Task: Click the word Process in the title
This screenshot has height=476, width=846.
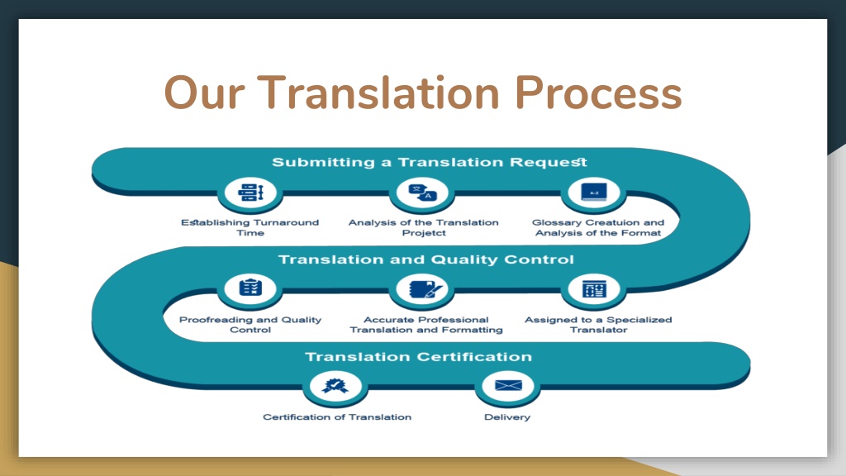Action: coord(598,93)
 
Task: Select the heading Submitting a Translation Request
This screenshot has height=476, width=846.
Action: coord(430,162)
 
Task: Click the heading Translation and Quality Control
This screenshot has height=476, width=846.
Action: coord(425,259)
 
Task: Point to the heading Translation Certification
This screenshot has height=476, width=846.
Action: coord(419,357)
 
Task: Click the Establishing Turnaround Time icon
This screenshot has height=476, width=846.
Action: coord(250,192)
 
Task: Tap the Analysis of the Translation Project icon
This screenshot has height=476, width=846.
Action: coord(423,192)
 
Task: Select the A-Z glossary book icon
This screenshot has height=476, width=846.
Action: coord(593,192)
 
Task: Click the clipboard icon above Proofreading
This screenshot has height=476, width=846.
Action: coord(250,288)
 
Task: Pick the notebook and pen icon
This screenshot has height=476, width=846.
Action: coord(425,288)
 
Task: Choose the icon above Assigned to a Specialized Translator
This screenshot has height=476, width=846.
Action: coord(594,288)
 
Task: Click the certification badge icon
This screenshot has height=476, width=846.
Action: coord(335,385)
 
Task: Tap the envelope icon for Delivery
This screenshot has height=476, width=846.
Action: coord(508,385)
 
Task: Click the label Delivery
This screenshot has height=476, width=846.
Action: coord(507,417)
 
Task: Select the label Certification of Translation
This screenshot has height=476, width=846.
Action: coord(337,417)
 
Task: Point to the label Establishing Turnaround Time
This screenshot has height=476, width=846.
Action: coord(250,227)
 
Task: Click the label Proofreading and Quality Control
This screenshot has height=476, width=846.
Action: coord(250,324)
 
